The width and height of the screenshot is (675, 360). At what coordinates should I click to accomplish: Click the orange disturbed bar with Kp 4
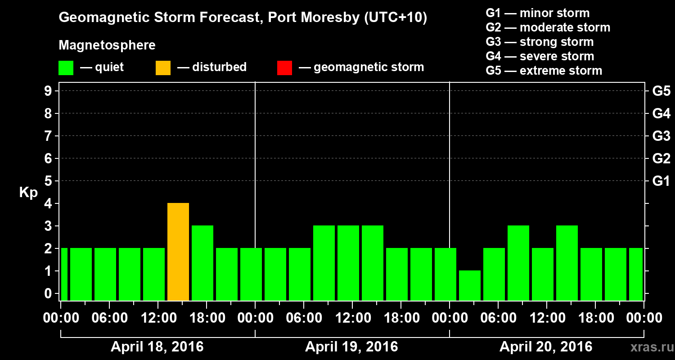178,252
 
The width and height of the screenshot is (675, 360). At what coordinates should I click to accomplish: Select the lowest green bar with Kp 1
470,285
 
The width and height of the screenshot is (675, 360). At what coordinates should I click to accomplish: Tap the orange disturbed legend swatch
163,67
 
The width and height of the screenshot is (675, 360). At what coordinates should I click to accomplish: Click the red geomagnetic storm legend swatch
284,67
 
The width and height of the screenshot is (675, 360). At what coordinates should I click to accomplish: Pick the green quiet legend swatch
66,67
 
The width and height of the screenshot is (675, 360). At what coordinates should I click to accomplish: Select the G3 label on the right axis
661,136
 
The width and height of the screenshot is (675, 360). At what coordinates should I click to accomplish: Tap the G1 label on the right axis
661,181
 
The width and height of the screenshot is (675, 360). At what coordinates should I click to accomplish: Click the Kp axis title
28,193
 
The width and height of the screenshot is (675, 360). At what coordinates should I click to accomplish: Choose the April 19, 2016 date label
351,347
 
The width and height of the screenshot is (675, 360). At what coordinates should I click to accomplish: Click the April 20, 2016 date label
546,347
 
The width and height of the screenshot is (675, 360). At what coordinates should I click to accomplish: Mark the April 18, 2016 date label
157,347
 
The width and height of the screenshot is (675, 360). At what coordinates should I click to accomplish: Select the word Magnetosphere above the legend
107,45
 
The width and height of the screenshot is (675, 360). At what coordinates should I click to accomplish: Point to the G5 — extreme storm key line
544,71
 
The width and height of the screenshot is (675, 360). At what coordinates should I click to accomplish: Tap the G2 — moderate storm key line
548,27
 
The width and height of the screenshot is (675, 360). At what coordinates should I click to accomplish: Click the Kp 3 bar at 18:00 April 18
202,263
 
